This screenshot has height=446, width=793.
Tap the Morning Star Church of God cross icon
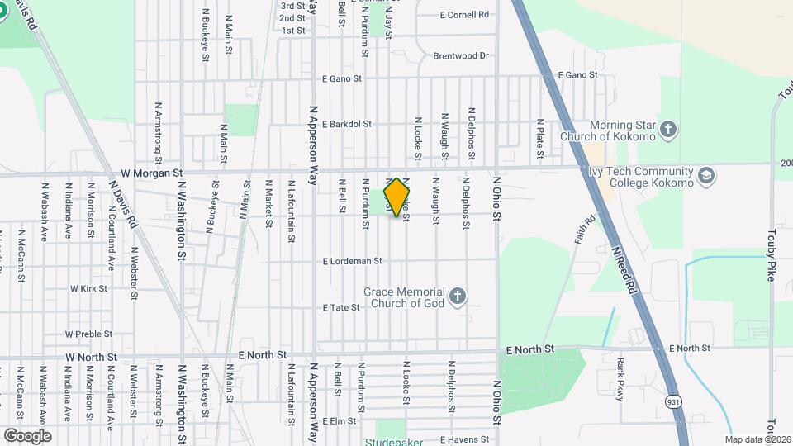pos(668,130)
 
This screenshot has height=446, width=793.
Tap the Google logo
pos(27,435)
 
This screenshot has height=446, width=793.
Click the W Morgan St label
pos(151,173)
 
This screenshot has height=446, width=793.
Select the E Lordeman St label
pos(353,261)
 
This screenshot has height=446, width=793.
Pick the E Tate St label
pos(341,307)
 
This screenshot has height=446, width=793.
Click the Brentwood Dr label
pos(461,56)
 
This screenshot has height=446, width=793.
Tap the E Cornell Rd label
pos(464,15)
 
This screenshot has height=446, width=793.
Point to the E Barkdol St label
pos(347,125)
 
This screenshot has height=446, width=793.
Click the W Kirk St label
pos(88,289)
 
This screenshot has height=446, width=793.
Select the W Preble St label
pos(88,334)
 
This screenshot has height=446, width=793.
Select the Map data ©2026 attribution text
pos(758,439)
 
